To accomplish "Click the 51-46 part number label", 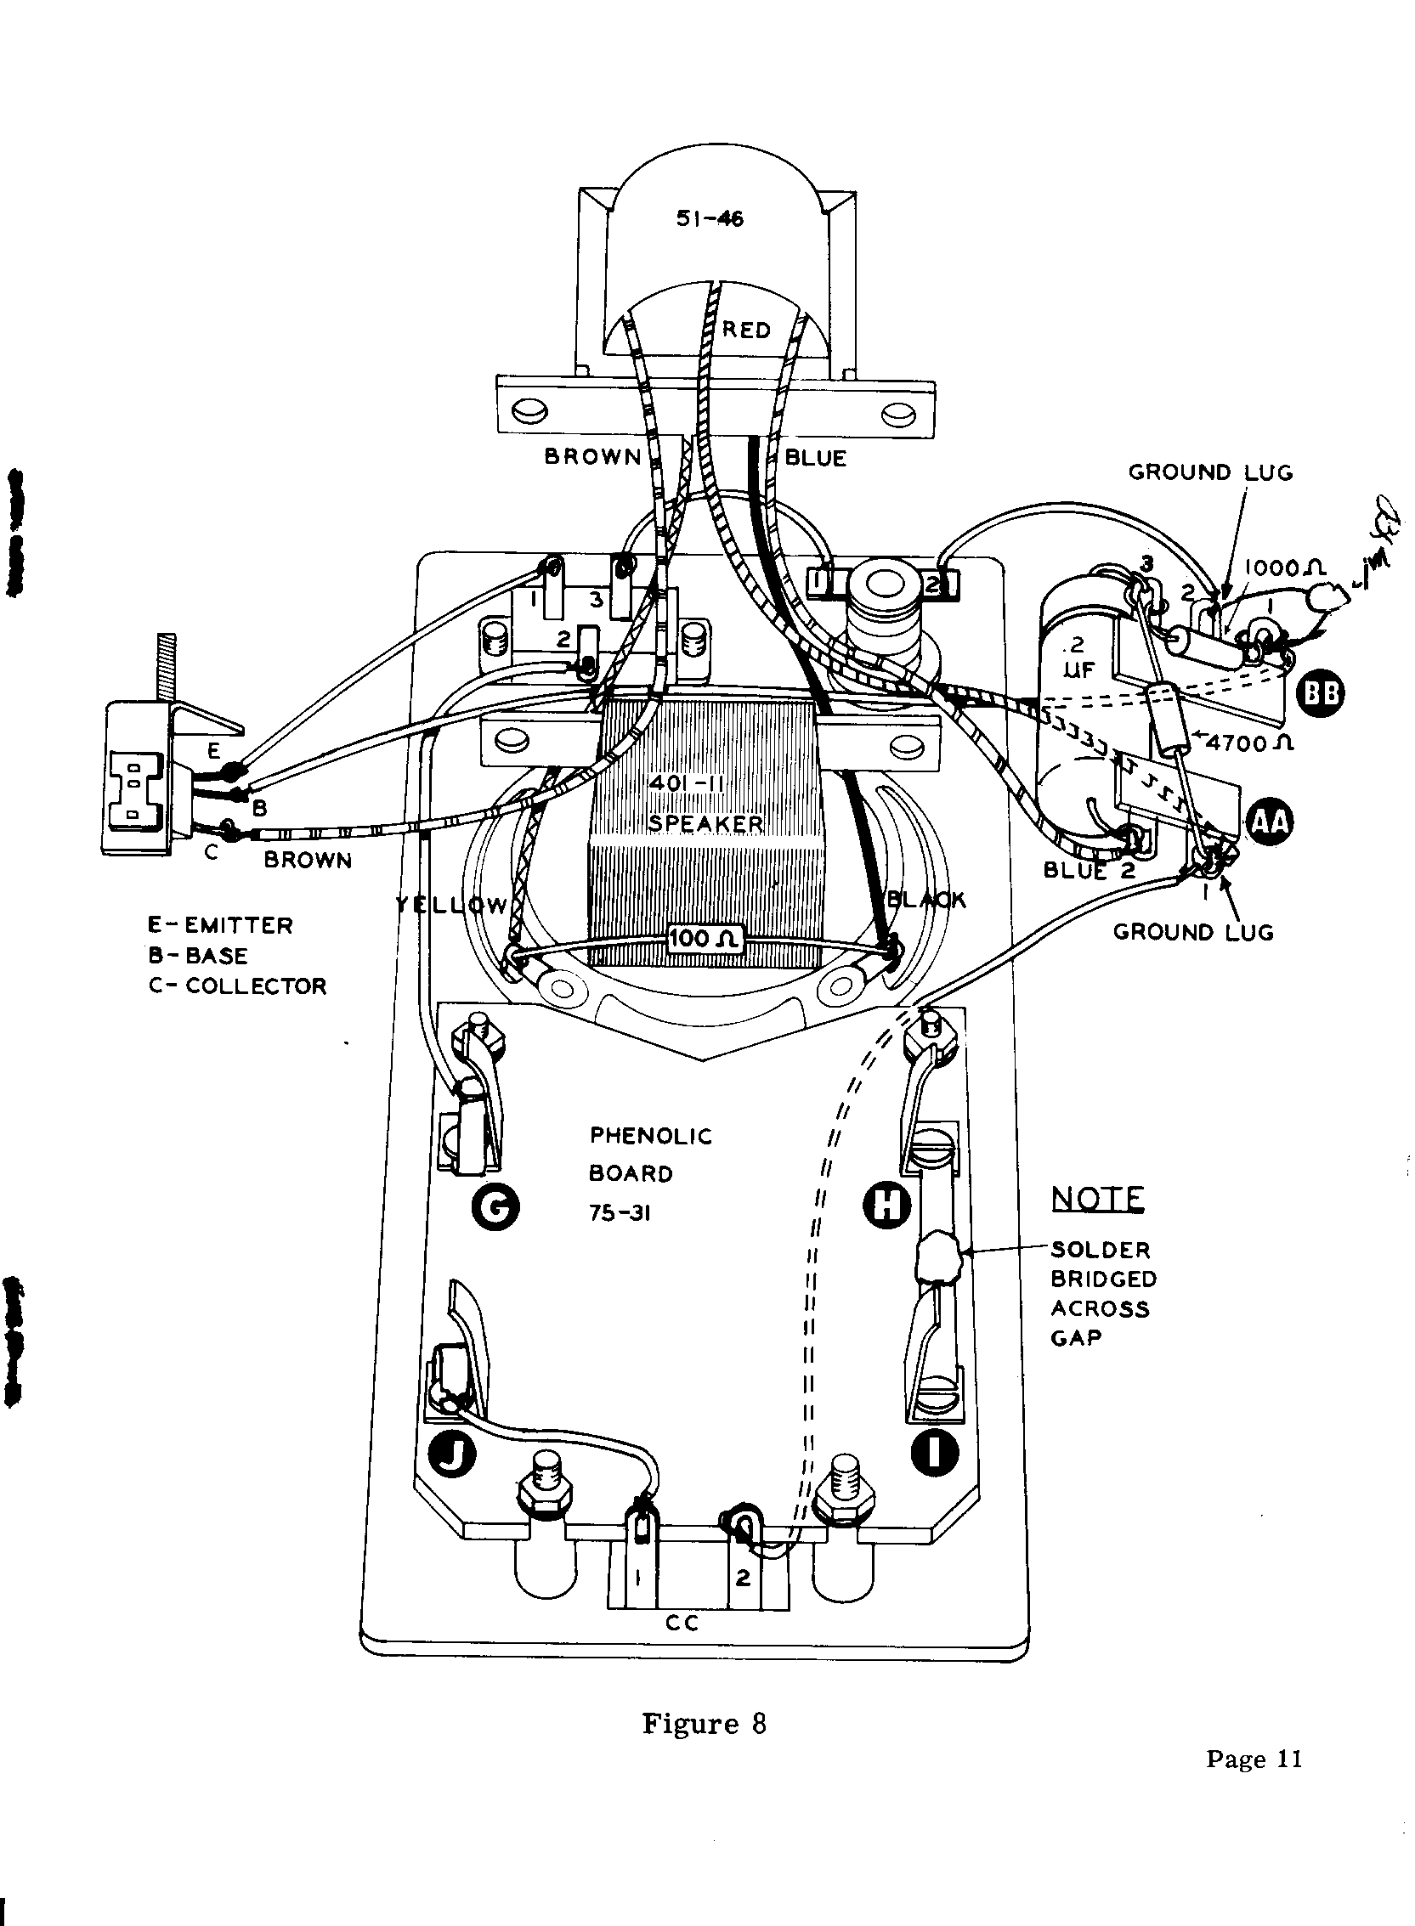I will pos(710,218).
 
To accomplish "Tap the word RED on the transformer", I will pos(746,330).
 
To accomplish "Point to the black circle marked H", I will pos(886,1208).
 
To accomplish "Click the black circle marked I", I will pos(935,1451).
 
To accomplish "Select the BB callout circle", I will pos(1320,692).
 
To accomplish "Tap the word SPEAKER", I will pos(705,823).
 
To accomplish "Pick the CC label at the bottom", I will pos(682,1623).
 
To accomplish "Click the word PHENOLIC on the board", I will pos(651,1137).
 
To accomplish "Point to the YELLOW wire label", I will pos(451,904).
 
